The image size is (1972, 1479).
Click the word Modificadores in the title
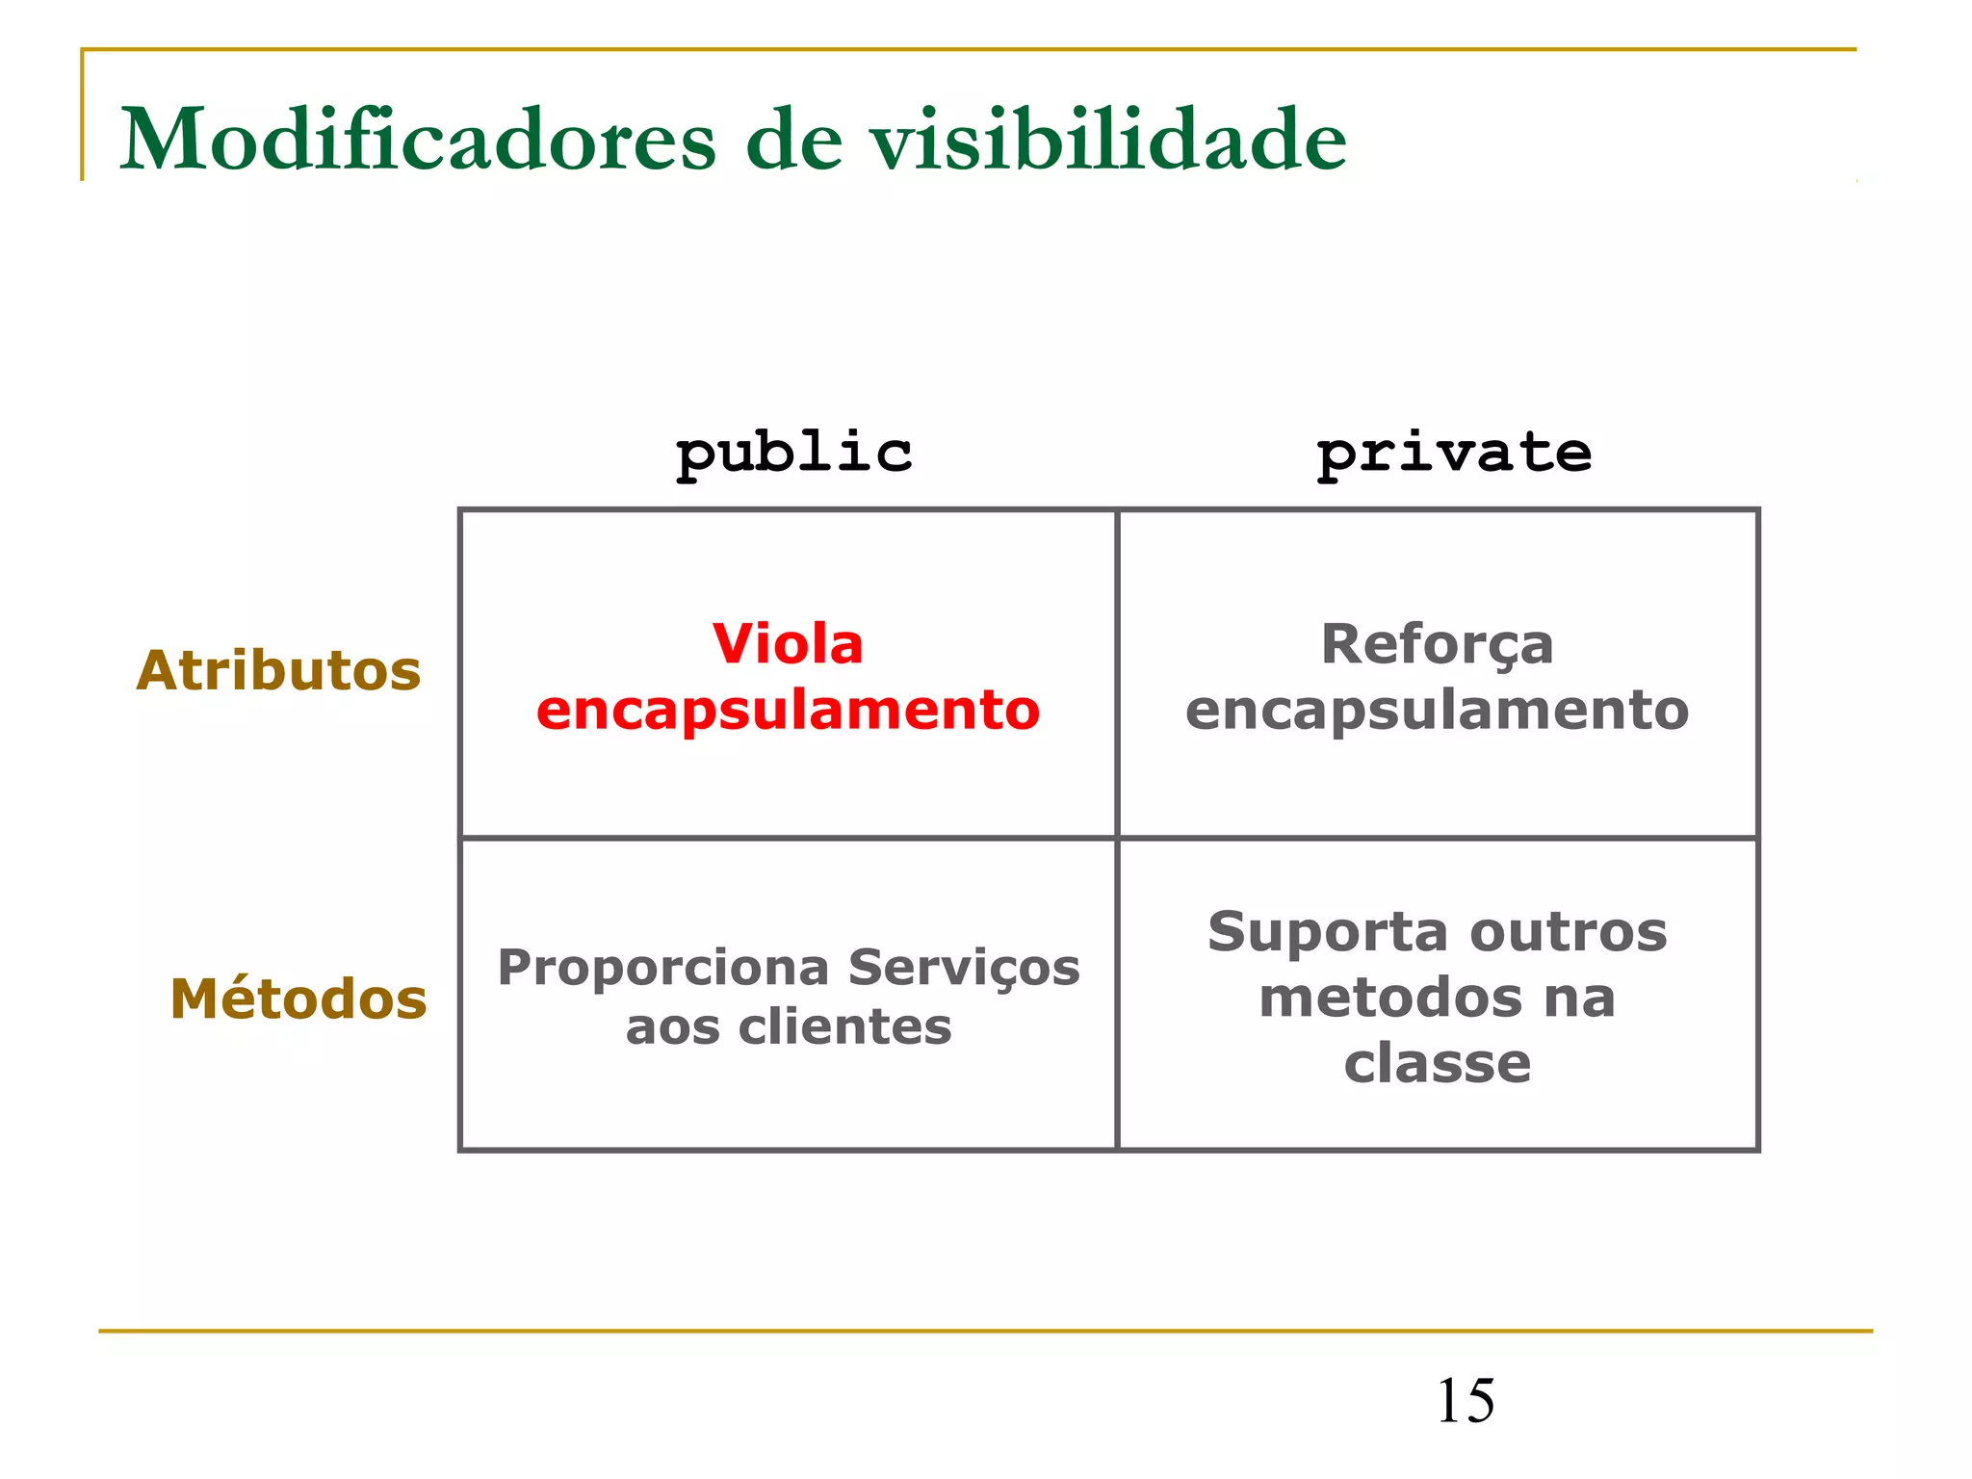click(x=418, y=140)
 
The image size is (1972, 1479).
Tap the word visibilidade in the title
click(x=1108, y=140)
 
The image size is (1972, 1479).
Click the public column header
click(x=793, y=453)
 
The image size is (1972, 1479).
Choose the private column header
click(x=1454, y=453)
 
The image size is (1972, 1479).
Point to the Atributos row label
click(x=278, y=670)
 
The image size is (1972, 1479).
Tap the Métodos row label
click(x=298, y=999)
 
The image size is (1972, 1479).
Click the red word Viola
click(x=788, y=644)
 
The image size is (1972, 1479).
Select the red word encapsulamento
click(x=788, y=712)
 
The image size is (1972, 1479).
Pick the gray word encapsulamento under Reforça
click(x=1437, y=712)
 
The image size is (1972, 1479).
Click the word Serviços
click(x=964, y=969)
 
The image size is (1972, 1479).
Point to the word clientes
click(x=844, y=1027)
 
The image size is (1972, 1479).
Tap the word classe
click(x=1437, y=1063)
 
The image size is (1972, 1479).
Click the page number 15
click(x=1466, y=1401)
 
